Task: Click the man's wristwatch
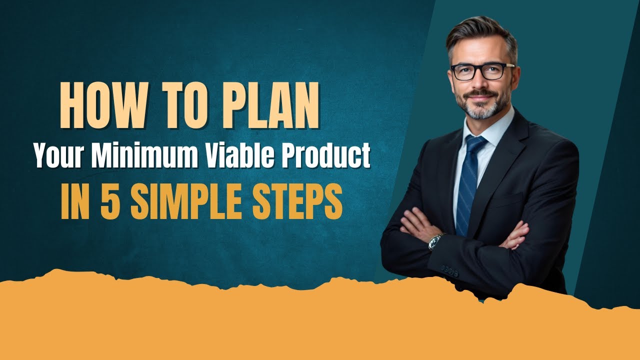point(435,241)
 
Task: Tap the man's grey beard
point(481,107)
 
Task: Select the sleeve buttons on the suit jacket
point(449,272)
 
